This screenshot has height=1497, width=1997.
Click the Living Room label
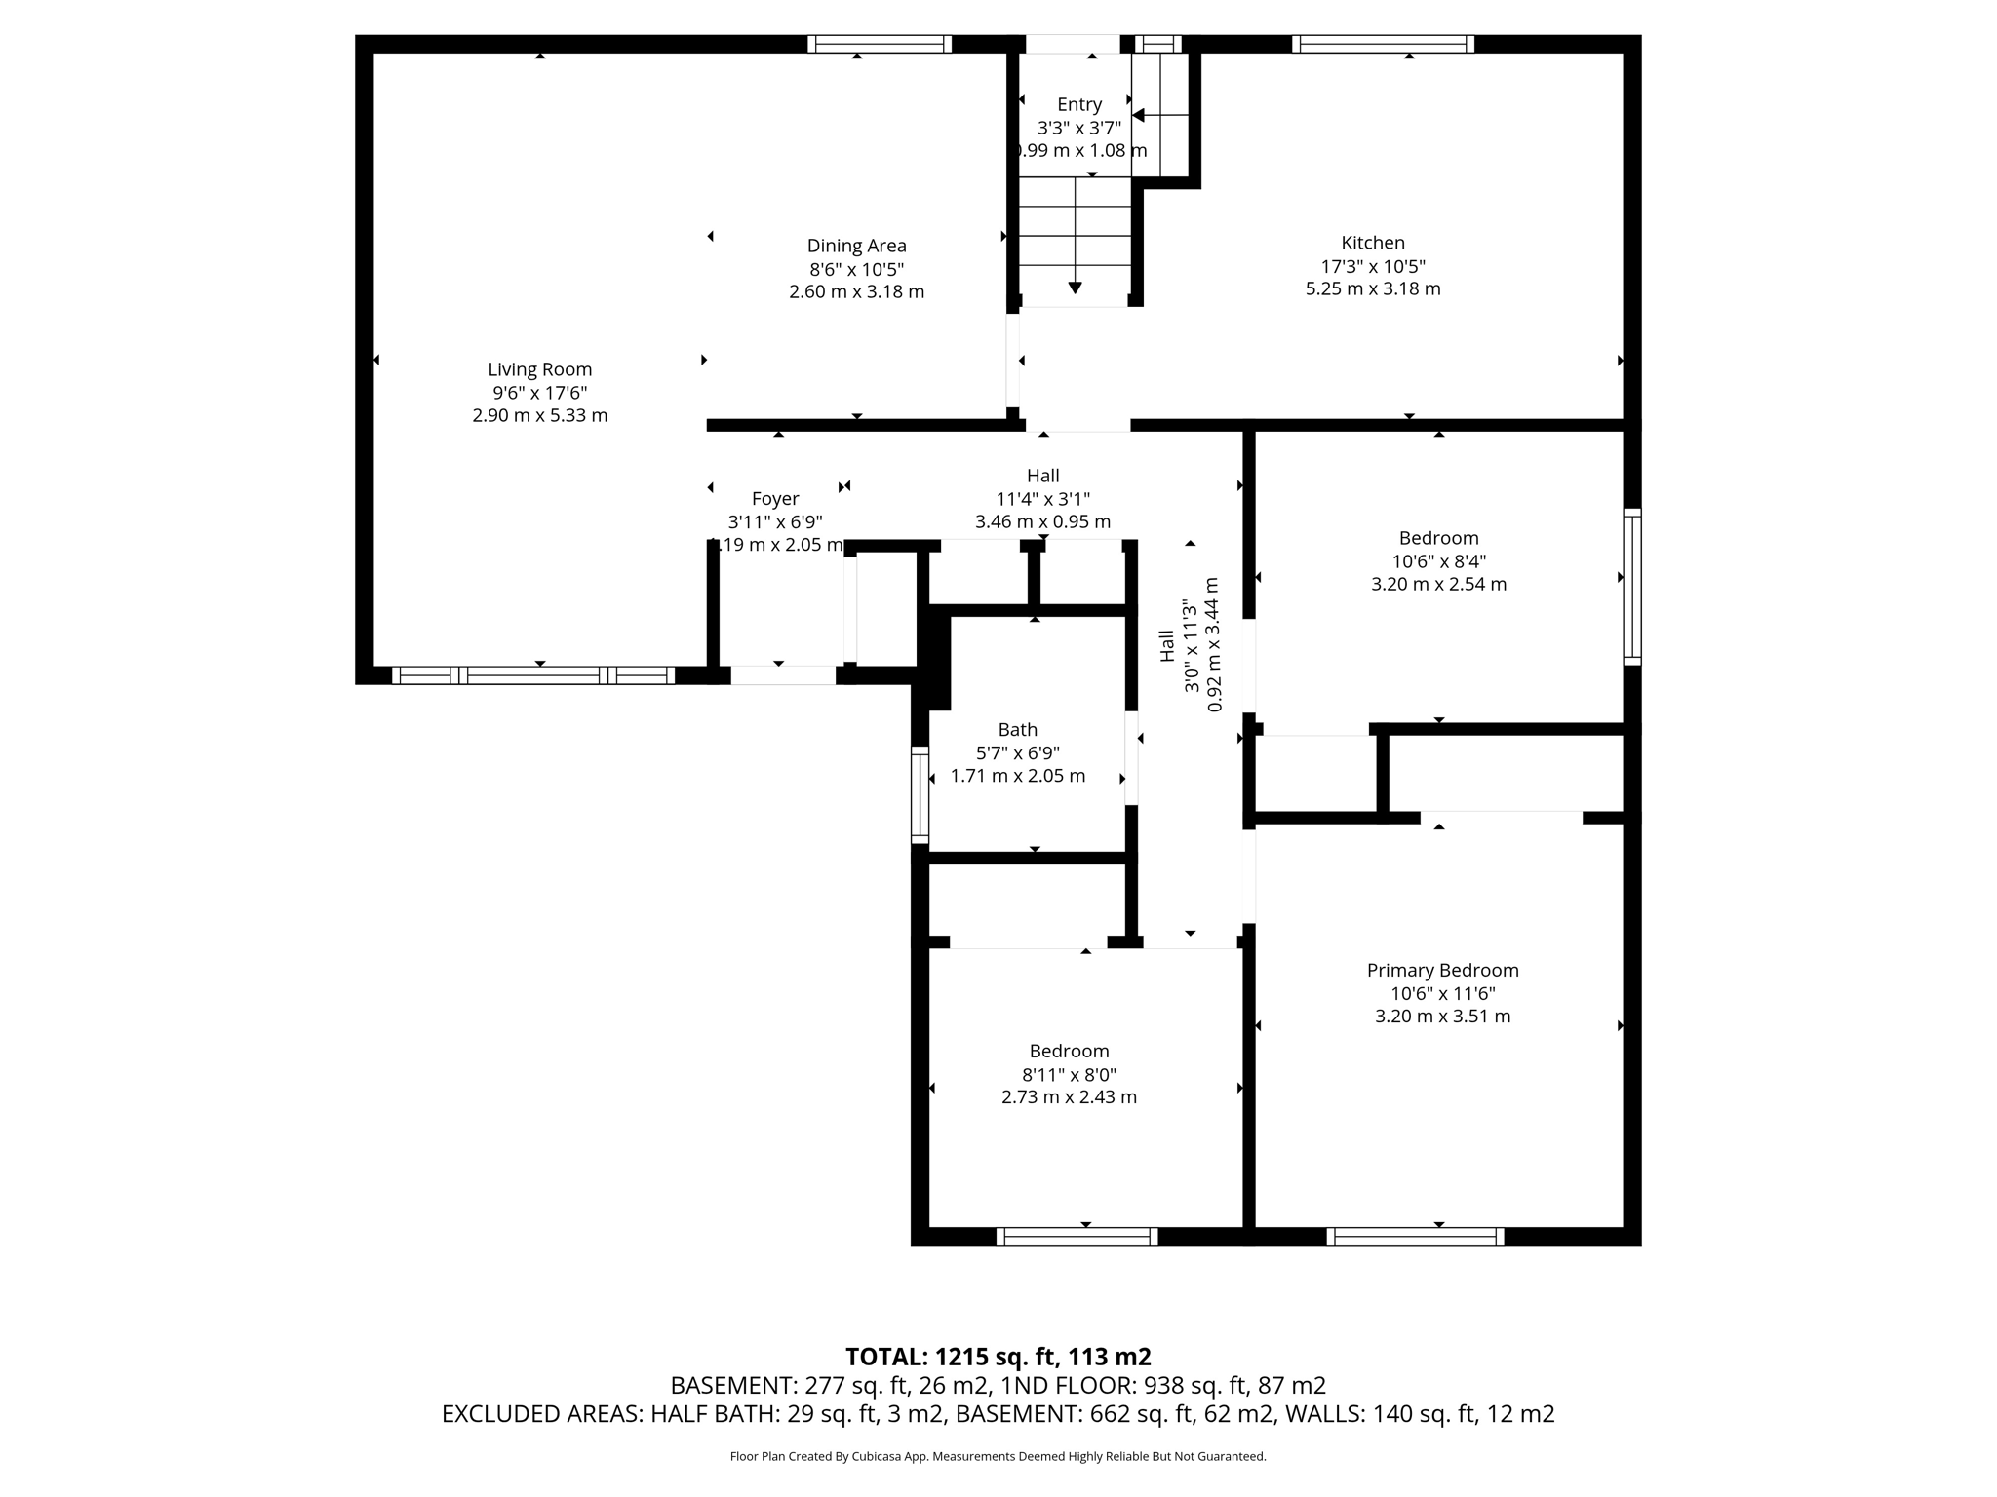coord(539,369)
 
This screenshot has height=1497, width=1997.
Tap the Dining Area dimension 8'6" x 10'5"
coord(856,269)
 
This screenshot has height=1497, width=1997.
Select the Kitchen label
coord(1372,243)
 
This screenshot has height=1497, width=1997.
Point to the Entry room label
coord(1078,104)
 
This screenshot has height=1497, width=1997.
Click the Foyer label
coord(775,499)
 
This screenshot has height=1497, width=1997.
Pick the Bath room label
coord(1017,730)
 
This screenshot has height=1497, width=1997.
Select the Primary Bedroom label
coord(1442,970)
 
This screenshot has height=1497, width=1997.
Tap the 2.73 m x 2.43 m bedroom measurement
coord(1069,1096)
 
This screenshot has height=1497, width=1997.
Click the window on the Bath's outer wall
coord(920,793)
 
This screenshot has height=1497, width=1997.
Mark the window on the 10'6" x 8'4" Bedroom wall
coord(1631,587)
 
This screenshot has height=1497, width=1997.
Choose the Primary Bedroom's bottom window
coord(1415,1236)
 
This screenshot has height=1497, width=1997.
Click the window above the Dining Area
coord(879,44)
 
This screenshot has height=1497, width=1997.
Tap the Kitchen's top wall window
coord(1382,44)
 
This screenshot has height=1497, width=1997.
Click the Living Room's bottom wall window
coord(533,674)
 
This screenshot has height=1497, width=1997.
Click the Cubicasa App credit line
coord(998,1456)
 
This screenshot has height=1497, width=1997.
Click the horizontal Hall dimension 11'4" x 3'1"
coord(1042,499)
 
